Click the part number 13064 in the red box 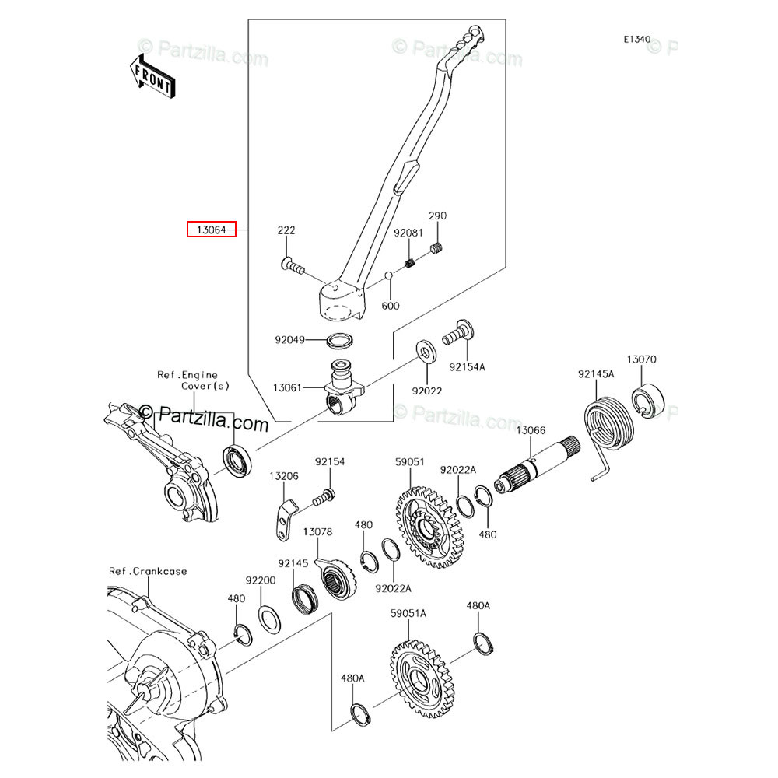(212, 230)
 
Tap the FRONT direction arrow (152, 77)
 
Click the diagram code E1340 (637, 39)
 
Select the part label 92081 (408, 233)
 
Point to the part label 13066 (531, 430)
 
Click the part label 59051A (408, 613)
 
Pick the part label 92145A (596, 373)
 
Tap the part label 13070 (642, 359)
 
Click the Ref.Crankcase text (148, 571)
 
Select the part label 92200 (261, 580)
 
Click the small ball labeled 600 (389, 276)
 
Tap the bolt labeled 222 (293, 266)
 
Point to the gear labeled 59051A (420, 678)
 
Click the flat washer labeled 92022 (426, 352)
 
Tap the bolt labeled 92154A (458, 332)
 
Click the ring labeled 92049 (340, 341)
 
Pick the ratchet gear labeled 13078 (335, 577)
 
